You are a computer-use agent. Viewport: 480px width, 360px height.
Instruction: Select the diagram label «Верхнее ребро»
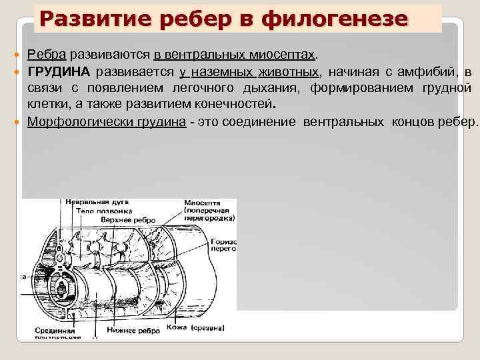129,219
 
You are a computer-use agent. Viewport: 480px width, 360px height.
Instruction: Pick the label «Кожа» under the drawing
178,328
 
